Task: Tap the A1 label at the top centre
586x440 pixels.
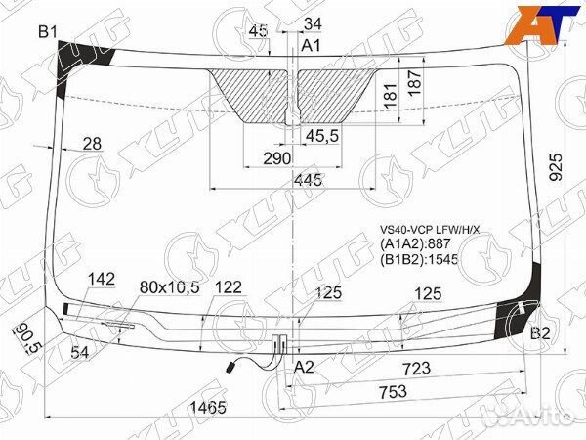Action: (x=311, y=46)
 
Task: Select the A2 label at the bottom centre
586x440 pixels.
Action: (x=305, y=367)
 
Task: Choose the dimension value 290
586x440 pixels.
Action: (x=277, y=158)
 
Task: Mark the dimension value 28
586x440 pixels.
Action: (x=92, y=144)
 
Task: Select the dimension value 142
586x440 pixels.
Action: (x=102, y=280)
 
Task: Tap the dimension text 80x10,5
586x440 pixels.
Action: (x=169, y=286)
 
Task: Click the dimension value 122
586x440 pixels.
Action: (x=228, y=286)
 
